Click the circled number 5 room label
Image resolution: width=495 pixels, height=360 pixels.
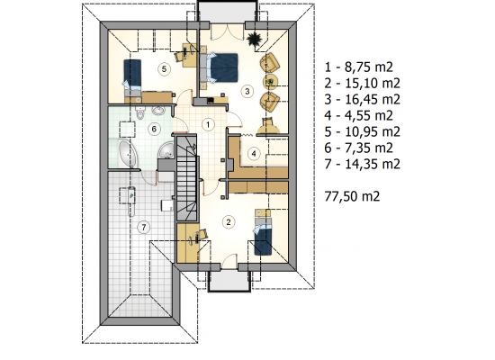tap(164, 68)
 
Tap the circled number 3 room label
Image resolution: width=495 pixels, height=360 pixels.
tap(247, 91)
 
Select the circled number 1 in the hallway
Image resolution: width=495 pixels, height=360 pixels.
tap(208, 124)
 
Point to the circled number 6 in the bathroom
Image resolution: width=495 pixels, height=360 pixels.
tap(154, 129)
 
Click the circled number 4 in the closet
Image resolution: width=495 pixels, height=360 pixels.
tap(254, 154)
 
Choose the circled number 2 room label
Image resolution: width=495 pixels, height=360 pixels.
tap(229, 221)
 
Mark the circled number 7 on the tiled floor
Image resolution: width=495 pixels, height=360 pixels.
tap(144, 227)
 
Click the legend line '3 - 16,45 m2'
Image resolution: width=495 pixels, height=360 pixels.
tap(363, 100)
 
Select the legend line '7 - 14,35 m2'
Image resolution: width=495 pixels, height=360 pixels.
tap(363, 164)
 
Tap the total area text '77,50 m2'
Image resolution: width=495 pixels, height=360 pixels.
tap(352, 196)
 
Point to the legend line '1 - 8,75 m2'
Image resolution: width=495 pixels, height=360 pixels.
tap(358, 67)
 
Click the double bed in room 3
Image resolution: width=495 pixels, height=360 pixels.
tap(220, 67)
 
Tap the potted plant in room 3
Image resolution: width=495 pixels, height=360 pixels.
tap(254, 40)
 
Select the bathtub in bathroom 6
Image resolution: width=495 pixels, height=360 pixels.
tap(129, 154)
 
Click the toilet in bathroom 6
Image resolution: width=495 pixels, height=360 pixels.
tap(139, 113)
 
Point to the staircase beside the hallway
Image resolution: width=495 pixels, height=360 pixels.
tap(186, 178)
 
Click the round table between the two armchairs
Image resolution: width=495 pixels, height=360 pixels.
tap(271, 81)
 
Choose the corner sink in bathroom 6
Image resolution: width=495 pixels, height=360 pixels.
tap(166, 151)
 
